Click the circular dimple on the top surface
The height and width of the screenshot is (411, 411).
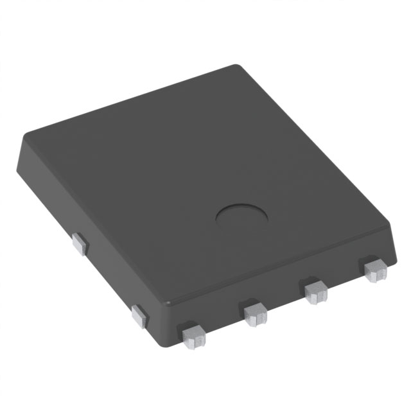pyautogui.click(x=242, y=219)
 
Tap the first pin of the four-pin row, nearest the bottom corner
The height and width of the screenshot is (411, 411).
pyautogui.click(x=191, y=335)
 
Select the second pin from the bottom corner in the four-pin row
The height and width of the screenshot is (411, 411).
pyautogui.click(x=255, y=312)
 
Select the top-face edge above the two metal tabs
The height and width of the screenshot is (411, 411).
pyautogui.click(x=96, y=218)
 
